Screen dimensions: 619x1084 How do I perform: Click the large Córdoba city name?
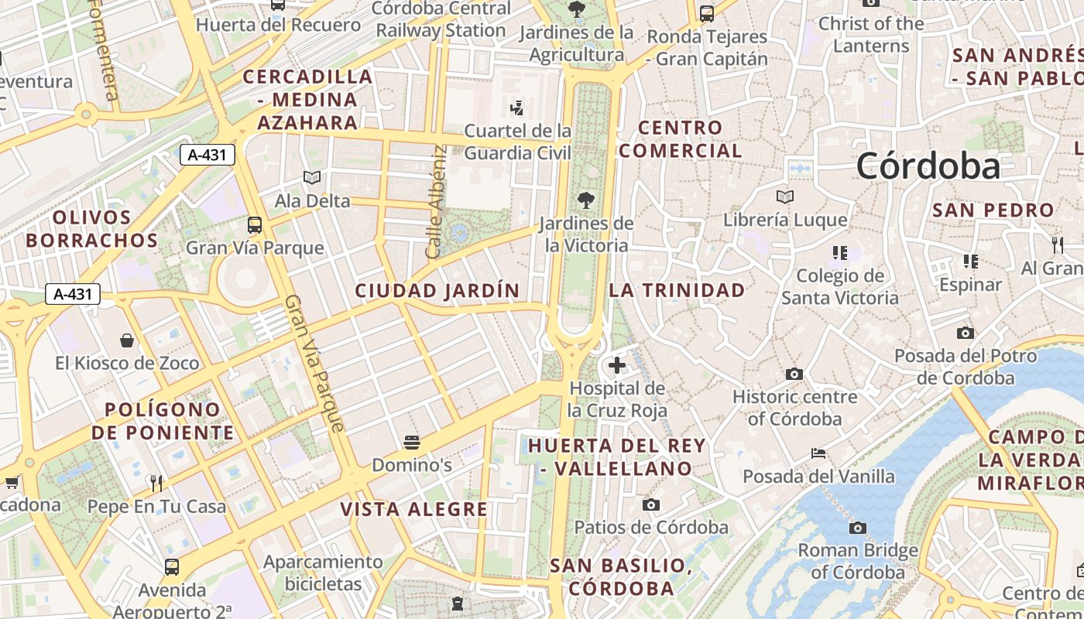pos(928,166)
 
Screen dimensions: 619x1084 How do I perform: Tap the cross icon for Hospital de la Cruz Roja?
pos(617,365)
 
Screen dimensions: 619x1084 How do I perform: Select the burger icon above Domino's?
pos(411,443)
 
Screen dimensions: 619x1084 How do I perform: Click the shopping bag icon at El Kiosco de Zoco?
pos(127,340)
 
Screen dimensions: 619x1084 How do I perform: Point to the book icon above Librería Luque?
pos(785,197)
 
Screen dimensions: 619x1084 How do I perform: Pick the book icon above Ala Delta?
pos(312,178)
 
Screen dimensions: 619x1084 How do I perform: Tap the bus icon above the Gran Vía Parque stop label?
pos(255,225)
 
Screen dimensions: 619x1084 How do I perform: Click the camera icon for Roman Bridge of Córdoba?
pos(857,528)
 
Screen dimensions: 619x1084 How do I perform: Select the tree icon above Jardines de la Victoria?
pos(586,200)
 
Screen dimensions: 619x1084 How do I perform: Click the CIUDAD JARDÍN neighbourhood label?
pos(437,291)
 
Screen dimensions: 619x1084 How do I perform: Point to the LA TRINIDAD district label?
pos(677,290)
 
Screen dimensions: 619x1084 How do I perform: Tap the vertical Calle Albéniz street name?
pos(436,202)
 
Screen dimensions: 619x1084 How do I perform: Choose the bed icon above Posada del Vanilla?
pos(818,453)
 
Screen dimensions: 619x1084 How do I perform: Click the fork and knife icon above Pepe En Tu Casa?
pos(156,484)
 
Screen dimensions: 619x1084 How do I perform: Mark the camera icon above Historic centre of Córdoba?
pos(794,374)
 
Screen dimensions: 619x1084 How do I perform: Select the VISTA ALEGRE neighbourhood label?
pos(414,509)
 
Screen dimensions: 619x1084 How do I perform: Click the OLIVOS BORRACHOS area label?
pos(91,229)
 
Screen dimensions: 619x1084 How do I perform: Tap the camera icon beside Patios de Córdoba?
pos(651,505)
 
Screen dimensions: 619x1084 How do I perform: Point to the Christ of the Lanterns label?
pos(871,35)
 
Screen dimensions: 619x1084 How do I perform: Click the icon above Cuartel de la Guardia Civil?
pos(516,108)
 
